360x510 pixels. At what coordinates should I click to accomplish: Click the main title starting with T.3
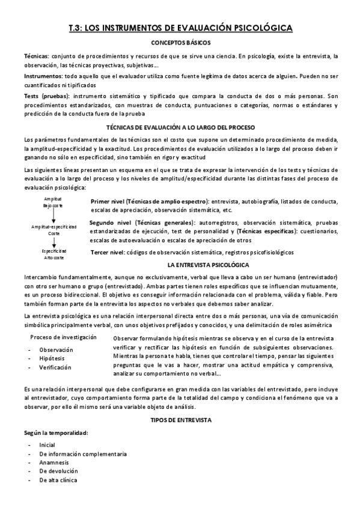tap(180, 28)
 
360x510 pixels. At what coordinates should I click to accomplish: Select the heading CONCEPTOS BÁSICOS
tap(180, 43)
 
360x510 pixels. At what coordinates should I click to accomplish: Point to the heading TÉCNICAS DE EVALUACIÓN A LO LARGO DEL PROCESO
tap(180, 128)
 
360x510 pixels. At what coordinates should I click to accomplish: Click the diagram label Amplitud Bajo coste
tap(53, 201)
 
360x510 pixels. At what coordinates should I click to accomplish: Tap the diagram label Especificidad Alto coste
tap(53, 254)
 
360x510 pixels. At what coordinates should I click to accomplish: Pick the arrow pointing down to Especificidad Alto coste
tap(53, 242)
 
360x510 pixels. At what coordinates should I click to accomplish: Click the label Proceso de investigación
tap(63, 337)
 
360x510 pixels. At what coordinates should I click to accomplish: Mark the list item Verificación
tap(55, 367)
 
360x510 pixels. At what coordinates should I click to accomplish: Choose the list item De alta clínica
tap(58, 481)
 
